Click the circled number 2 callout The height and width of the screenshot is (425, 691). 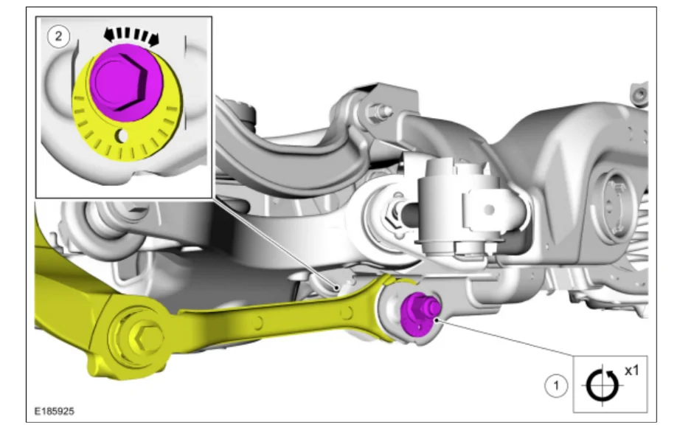pyautogui.click(x=58, y=36)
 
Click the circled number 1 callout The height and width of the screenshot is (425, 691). pyautogui.click(x=556, y=386)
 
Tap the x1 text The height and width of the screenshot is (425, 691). pyautogui.click(x=631, y=371)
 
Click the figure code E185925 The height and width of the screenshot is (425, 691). pyautogui.click(x=55, y=411)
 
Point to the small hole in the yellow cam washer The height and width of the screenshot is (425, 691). pyautogui.click(x=122, y=136)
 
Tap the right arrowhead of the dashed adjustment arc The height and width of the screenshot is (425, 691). pyautogui.click(x=154, y=40)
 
